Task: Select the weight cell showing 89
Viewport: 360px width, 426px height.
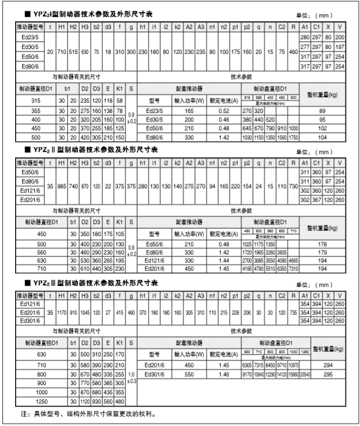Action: (x=325, y=109)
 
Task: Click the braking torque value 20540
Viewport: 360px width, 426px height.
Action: (x=305, y=374)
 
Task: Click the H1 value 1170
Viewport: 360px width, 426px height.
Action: (x=61, y=312)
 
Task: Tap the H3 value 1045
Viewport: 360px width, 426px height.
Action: (x=84, y=312)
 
